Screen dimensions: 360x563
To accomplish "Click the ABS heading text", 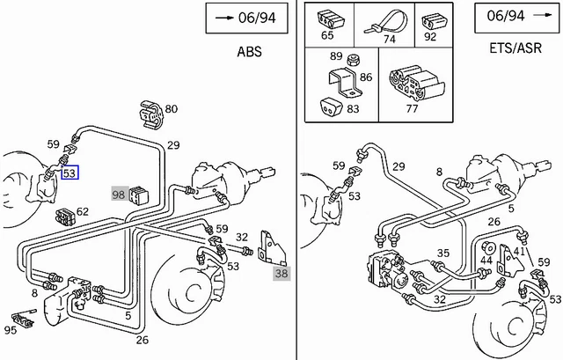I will pyautogui.click(x=249, y=51).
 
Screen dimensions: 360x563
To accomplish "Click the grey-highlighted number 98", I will pyautogui.click(x=119, y=194).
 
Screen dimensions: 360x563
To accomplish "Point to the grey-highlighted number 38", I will pyautogui.click(x=281, y=274).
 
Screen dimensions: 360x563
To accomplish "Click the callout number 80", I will pyautogui.click(x=171, y=109).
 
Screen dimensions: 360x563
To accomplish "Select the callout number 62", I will pyautogui.click(x=83, y=212).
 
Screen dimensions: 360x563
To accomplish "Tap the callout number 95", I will pyautogui.click(x=11, y=331).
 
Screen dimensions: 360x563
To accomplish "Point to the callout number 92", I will pyautogui.click(x=431, y=38).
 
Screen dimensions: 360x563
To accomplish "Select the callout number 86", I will pyautogui.click(x=366, y=77).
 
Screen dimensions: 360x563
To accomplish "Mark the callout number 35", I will pyautogui.click(x=442, y=253).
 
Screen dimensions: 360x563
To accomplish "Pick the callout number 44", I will pyautogui.click(x=486, y=261).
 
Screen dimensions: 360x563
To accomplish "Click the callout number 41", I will pyautogui.click(x=519, y=252).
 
